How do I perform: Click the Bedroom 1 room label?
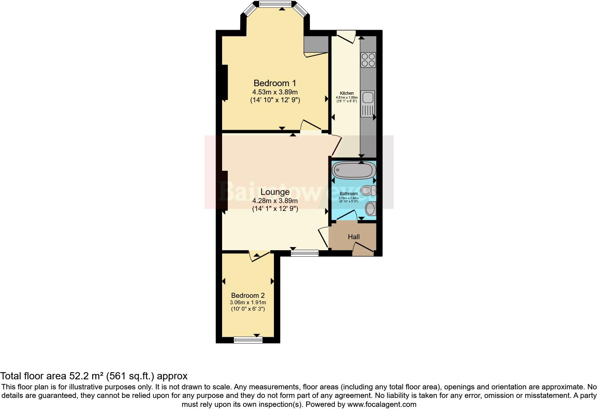coord(275,83)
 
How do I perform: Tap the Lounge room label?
coord(275,192)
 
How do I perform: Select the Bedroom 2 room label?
coord(248,295)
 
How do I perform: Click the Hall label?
coord(353,237)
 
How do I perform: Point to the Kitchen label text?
coord(347,93)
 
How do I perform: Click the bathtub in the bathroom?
coord(354,170)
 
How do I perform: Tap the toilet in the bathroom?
coord(368,190)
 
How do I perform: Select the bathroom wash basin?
coord(371,208)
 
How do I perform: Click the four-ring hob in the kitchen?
coord(368,60)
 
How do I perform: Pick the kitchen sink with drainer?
coord(368,104)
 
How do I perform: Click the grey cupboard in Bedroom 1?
coord(316,44)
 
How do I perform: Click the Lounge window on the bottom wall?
coord(305,253)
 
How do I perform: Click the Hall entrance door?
coord(363,249)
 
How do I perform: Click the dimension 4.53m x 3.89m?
coord(275,92)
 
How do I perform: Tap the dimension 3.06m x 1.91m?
coord(248,302)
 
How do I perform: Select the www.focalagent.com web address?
coord(382,404)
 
